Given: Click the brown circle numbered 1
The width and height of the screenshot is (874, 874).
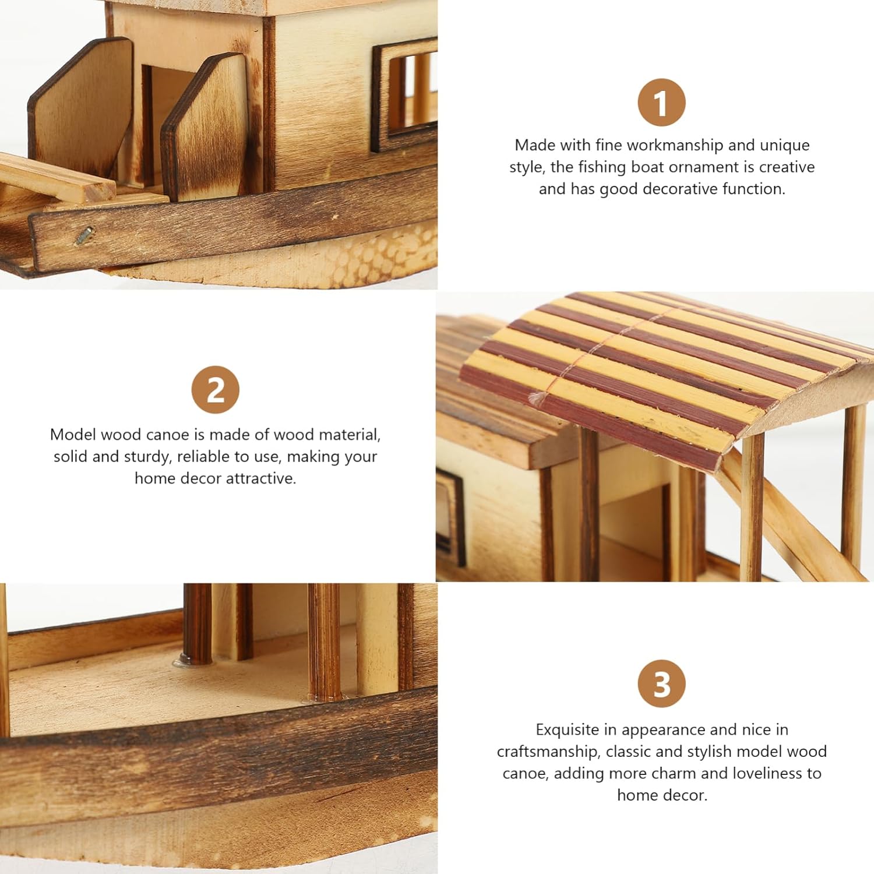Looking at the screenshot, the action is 661,103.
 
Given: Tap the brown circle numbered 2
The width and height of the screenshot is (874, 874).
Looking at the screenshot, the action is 215,390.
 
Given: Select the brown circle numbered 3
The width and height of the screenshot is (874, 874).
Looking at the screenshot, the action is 661,683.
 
